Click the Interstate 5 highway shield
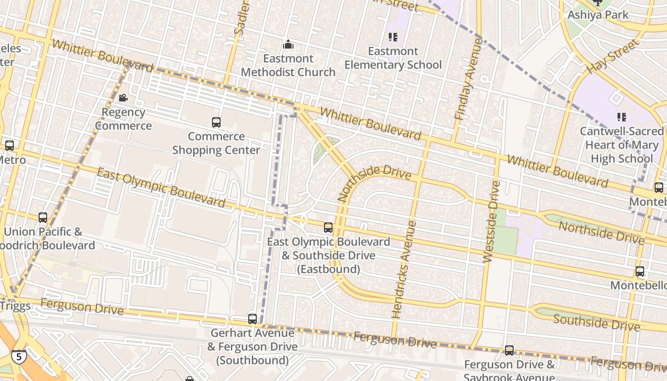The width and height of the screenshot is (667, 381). pos(19,356)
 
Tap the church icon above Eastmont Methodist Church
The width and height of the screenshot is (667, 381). pos(288,45)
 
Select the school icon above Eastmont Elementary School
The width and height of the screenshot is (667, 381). pos(393,37)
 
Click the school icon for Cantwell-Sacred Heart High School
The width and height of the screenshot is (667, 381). pos(621,117)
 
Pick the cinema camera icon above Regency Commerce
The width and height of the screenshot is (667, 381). pos(123,98)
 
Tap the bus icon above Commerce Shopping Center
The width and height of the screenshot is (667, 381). pos(216,122)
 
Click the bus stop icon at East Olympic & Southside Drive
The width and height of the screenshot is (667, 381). pos(328,228)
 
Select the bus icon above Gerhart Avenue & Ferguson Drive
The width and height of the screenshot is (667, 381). pos(253,319)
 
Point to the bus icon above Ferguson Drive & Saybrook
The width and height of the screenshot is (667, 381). pos(509,351)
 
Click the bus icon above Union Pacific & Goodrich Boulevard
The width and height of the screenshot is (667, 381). pos(43,218)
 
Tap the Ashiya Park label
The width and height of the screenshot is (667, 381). pos(598,15)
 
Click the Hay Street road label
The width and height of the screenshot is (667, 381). pos(612,57)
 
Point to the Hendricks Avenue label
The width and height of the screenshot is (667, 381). pos(404,269)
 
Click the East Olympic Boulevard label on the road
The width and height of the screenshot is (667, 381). pos(161,188)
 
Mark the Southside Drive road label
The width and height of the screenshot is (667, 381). pos(596,322)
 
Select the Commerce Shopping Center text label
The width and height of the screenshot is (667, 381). pos(216,143)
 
